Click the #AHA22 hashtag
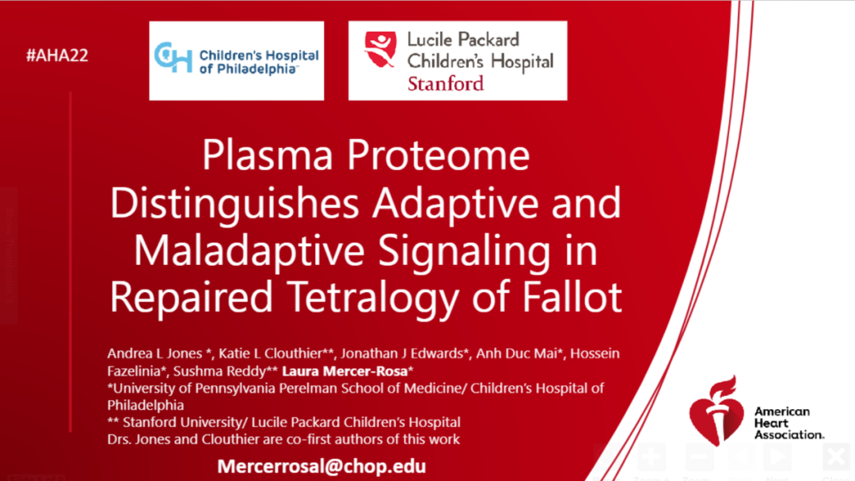pyautogui.click(x=57, y=55)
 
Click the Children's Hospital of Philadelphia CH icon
pyautogui.click(x=173, y=58)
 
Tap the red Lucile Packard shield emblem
pyautogui.click(x=380, y=49)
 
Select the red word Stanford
pyautogui.click(x=446, y=83)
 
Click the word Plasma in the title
pyautogui.click(x=268, y=155)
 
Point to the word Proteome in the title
pyautogui.click(x=439, y=155)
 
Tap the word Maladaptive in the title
pyautogui.click(x=249, y=251)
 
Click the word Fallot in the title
pyautogui.click(x=572, y=297)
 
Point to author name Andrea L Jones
pyautogui.click(x=155, y=354)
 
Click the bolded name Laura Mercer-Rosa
pyautogui.click(x=344, y=371)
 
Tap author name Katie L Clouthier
pyautogui.click(x=270, y=354)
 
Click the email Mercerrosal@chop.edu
pyautogui.click(x=321, y=466)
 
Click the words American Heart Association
pyautogui.click(x=789, y=423)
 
